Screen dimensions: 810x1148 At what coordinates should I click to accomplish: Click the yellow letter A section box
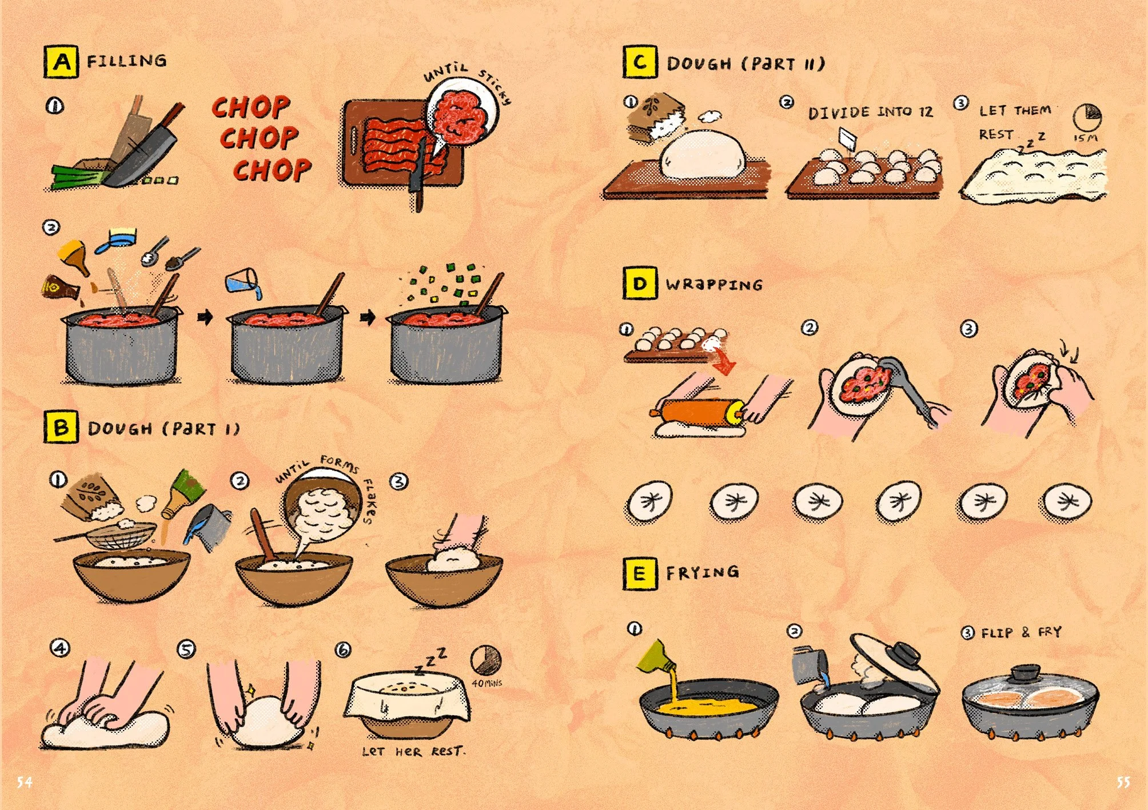[x=61, y=62]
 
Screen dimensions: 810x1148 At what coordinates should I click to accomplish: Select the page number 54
[x=24, y=782]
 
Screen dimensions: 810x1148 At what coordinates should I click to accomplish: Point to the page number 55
[x=1123, y=782]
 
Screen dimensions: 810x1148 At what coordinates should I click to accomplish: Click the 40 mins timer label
[x=487, y=683]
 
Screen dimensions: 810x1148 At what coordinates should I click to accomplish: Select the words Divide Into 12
[x=870, y=112]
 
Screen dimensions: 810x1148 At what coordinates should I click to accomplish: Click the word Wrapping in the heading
[x=714, y=284]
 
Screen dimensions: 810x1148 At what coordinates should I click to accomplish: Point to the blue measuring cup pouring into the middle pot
[x=243, y=282]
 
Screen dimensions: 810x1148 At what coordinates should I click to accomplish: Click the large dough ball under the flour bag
[x=703, y=155]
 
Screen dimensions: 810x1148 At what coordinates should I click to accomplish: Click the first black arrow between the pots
[x=205, y=317]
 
